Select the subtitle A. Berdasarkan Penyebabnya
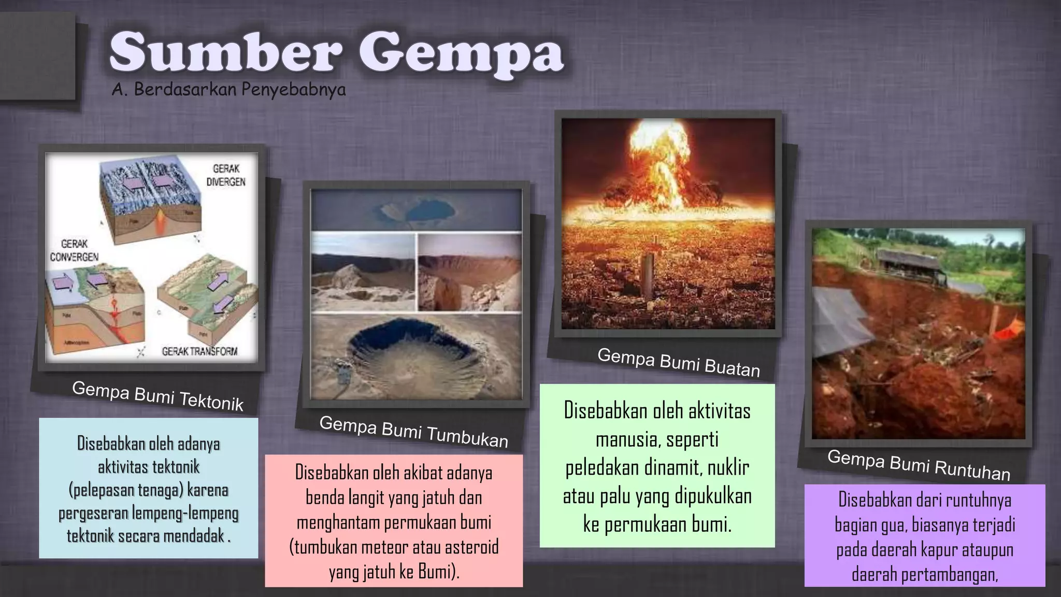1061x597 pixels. [228, 90]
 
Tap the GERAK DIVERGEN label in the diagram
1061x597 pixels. [226, 175]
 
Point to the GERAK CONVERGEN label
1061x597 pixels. [74, 250]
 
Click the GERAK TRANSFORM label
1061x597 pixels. [199, 351]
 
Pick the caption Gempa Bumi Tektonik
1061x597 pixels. [157, 396]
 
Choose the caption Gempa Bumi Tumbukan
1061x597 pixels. [413, 432]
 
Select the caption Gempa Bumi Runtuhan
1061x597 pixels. [919, 465]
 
